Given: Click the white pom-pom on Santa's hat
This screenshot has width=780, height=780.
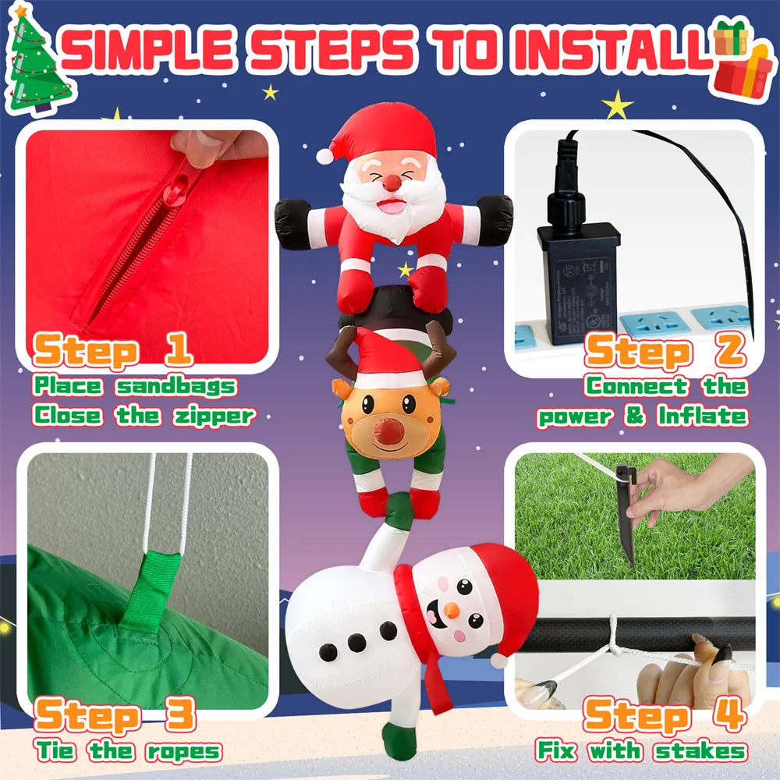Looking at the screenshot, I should click(x=324, y=156).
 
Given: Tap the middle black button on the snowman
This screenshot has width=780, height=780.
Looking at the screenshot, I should click(x=356, y=642).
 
